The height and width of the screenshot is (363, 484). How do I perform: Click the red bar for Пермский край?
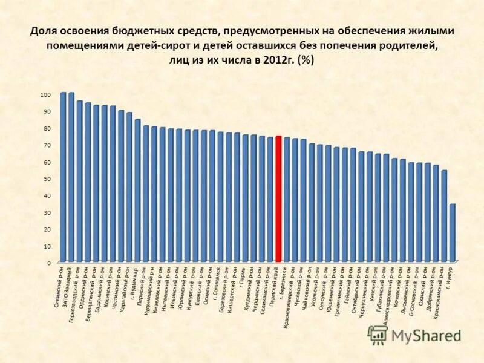(x=278, y=200)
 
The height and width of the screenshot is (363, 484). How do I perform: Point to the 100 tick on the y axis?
(x=46, y=94)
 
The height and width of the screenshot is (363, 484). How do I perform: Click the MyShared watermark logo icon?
(x=378, y=335)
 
